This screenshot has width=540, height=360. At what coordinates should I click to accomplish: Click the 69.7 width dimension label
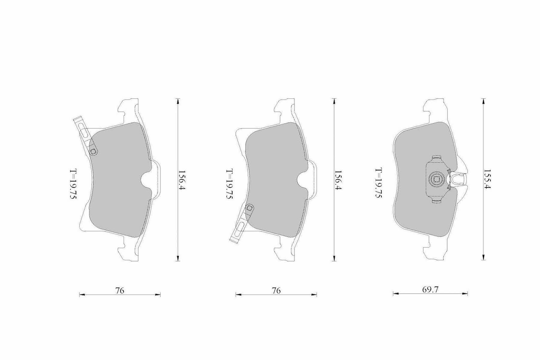click(x=430, y=290)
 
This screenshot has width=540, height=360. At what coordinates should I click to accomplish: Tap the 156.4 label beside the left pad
click(x=182, y=180)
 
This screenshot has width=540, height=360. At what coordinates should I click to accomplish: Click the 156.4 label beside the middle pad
click(x=338, y=180)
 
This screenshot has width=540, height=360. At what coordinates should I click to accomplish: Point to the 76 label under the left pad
click(x=119, y=291)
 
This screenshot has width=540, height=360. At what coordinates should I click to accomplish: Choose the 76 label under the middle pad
click(x=276, y=291)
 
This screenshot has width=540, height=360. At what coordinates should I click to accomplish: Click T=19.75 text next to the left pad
click(x=73, y=184)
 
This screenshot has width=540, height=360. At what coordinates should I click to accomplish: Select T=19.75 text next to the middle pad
click(x=229, y=184)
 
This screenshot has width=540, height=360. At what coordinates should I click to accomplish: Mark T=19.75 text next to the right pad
click(x=378, y=183)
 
